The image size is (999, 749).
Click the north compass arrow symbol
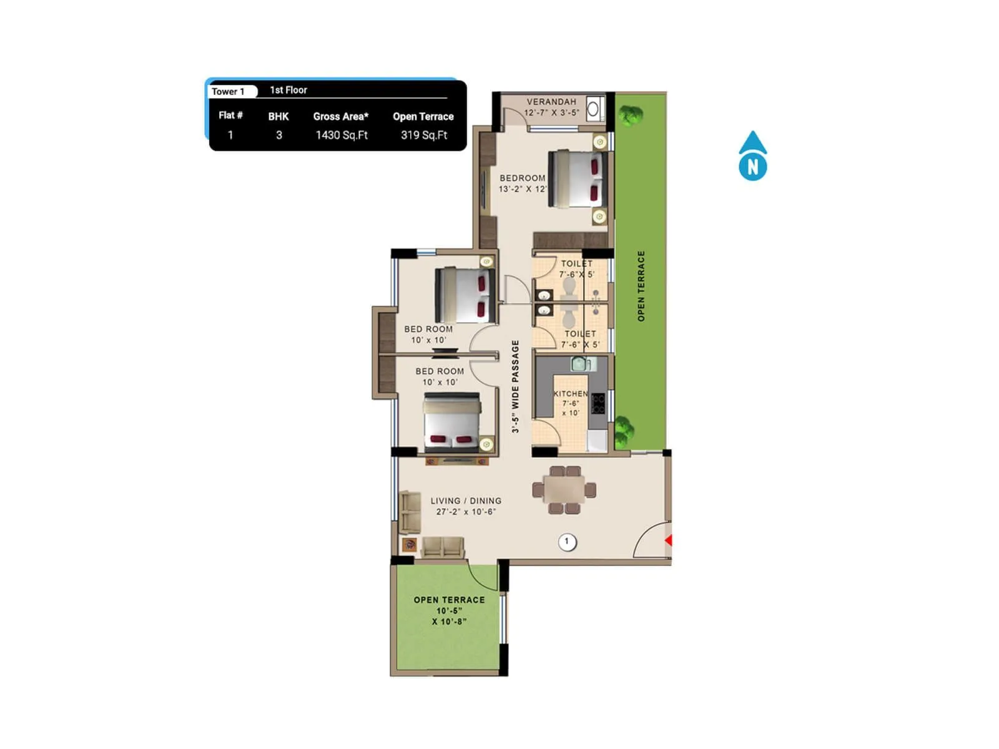(x=752, y=156)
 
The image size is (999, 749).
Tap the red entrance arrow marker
(x=668, y=540)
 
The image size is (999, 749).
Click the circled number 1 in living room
(x=567, y=542)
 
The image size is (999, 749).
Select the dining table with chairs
(x=564, y=489)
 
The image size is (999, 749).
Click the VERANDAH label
(x=551, y=102)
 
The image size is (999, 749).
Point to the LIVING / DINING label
(x=466, y=501)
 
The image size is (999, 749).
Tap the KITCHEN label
(x=571, y=394)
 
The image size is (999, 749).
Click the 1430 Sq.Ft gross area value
(x=342, y=135)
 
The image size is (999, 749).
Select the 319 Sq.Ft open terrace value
(x=424, y=135)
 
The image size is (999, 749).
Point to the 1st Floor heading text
(x=288, y=90)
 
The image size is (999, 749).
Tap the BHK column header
(x=278, y=117)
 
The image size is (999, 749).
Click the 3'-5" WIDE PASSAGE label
(x=515, y=386)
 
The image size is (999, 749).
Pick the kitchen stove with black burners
(x=598, y=403)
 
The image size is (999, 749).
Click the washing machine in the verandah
(x=594, y=109)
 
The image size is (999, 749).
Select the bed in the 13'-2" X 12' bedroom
(x=578, y=179)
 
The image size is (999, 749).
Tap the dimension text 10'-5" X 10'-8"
(x=449, y=616)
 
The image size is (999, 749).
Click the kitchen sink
(x=580, y=363)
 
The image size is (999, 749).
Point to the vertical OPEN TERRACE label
(x=641, y=286)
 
